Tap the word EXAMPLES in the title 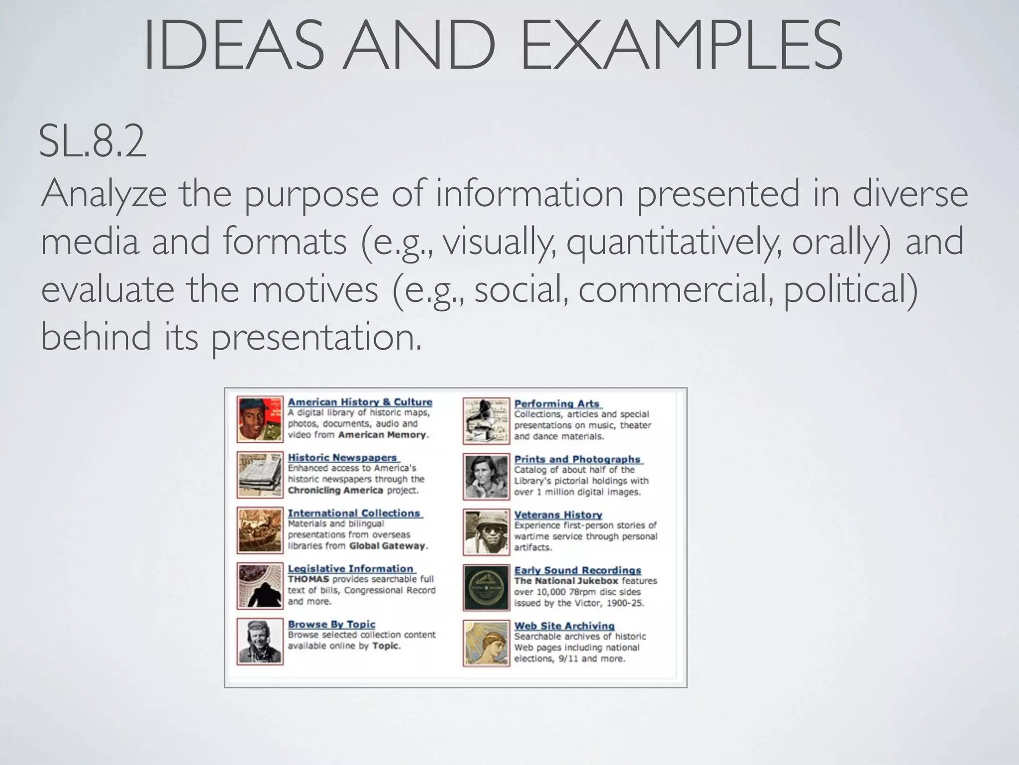pyautogui.click(x=681, y=45)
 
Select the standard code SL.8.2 pyautogui.click(x=93, y=142)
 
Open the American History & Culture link pyautogui.click(x=360, y=402)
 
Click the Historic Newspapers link pyautogui.click(x=342, y=457)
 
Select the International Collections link pyautogui.click(x=354, y=513)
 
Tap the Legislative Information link pyautogui.click(x=350, y=568)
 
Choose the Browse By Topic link pyautogui.click(x=331, y=624)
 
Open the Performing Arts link pyautogui.click(x=557, y=404)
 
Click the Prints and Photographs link pyautogui.click(x=577, y=459)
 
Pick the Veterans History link pyautogui.click(x=558, y=515)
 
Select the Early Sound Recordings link pyautogui.click(x=578, y=570)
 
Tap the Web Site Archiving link pyautogui.click(x=564, y=626)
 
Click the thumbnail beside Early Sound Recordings pyautogui.click(x=486, y=588)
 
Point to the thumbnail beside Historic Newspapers pyautogui.click(x=260, y=475)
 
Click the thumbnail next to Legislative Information pyautogui.click(x=260, y=586)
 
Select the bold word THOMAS pyautogui.click(x=308, y=579)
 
